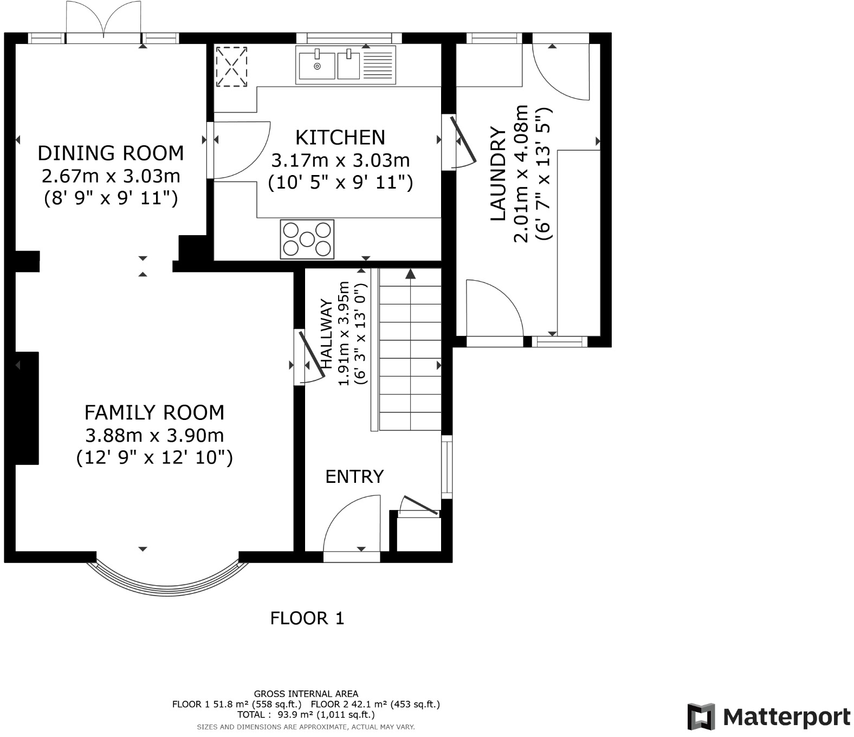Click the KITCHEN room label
coord(340,138)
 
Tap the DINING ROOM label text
coord(111,153)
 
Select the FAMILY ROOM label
coord(154,412)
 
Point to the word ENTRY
coord(354,476)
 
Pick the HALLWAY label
coord(326,334)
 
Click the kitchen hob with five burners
coord(307,239)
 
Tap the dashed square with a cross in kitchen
coord(231,67)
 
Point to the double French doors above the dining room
coord(103,20)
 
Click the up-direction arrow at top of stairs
coord(410,274)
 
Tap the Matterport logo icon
coord(701,716)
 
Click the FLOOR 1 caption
coord(307,618)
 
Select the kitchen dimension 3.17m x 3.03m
coord(340,160)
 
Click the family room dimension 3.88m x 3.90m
coord(154,435)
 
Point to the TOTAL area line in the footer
coord(306,715)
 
